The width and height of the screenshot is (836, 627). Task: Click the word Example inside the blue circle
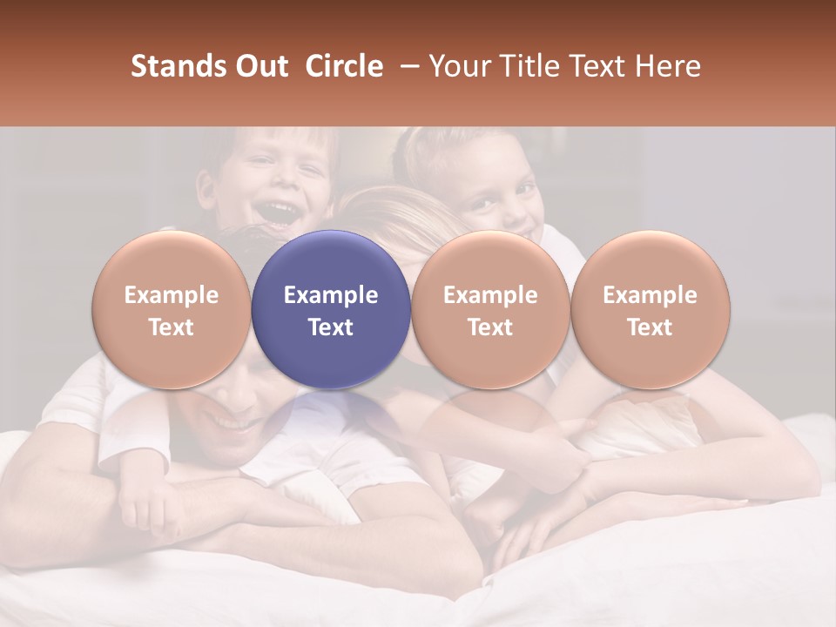pyautogui.click(x=331, y=295)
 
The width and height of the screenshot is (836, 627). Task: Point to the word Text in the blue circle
pyautogui.click(x=331, y=327)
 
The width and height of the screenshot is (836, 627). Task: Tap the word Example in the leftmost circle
pyautogui.click(x=171, y=295)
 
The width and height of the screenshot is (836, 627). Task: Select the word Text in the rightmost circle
pyautogui.click(x=650, y=327)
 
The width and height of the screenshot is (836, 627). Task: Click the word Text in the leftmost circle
pyautogui.click(x=171, y=327)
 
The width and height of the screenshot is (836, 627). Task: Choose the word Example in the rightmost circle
pyautogui.click(x=650, y=295)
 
